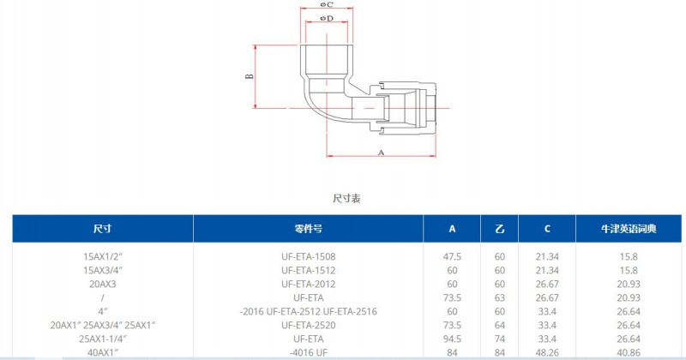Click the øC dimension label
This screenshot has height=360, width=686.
click(327, 4)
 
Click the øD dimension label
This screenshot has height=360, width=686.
click(327, 18)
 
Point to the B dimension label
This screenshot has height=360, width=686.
click(250, 76)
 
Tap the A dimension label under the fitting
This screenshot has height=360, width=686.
click(381, 153)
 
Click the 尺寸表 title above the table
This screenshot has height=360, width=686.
click(346, 199)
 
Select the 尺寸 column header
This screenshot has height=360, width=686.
click(102, 228)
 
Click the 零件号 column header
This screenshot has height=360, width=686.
click(309, 228)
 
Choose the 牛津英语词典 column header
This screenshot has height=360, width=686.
click(629, 228)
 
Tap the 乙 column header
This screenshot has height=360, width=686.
click(500, 228)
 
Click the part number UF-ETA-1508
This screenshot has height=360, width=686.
click(309, 257)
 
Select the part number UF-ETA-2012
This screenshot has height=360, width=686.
click(309, 284)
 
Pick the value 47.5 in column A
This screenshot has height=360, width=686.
click(452, 257)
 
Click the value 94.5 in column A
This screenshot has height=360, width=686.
click(452, 339)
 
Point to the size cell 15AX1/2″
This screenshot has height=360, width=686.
click(103, 257)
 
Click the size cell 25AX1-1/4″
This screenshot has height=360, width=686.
click(103, 339)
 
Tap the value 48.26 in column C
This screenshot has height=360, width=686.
click(547, 352)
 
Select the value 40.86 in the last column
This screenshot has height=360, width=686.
click(629, 352)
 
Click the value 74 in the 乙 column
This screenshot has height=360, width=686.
click(500, 339)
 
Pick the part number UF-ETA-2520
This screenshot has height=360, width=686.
click(309, 325)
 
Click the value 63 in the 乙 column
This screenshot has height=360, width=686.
click(500, 298)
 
